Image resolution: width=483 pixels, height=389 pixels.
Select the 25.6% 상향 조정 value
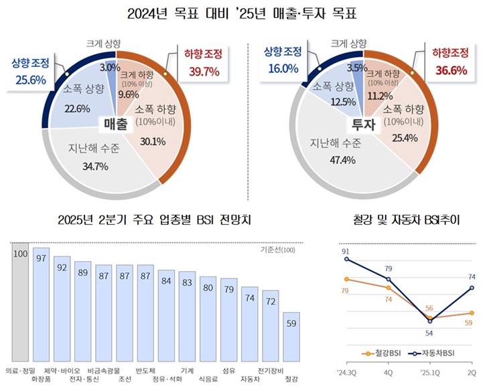point(27,79)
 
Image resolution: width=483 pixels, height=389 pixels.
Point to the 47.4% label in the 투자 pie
point(326,159)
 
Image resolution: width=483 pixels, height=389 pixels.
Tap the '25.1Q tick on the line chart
point(428,370)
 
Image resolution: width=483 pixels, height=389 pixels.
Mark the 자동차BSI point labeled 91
point(346,259)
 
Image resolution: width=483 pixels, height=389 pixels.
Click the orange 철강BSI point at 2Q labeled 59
point(472,313)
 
